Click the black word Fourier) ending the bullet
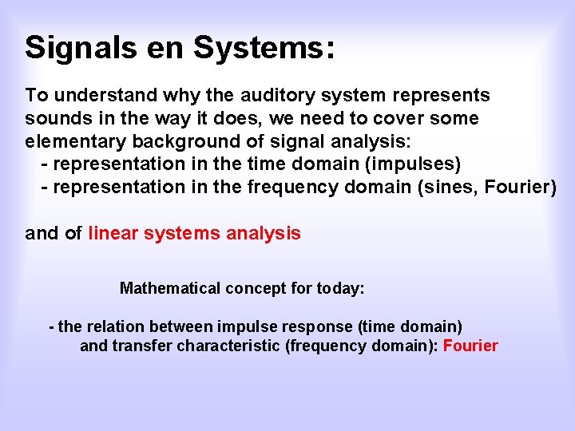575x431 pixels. pyautogui.click(x=523, y=187)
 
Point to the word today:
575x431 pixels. pyautogui.click(x=339, y=288)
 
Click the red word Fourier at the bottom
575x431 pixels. pyautogui.click(x=470, y=346)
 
